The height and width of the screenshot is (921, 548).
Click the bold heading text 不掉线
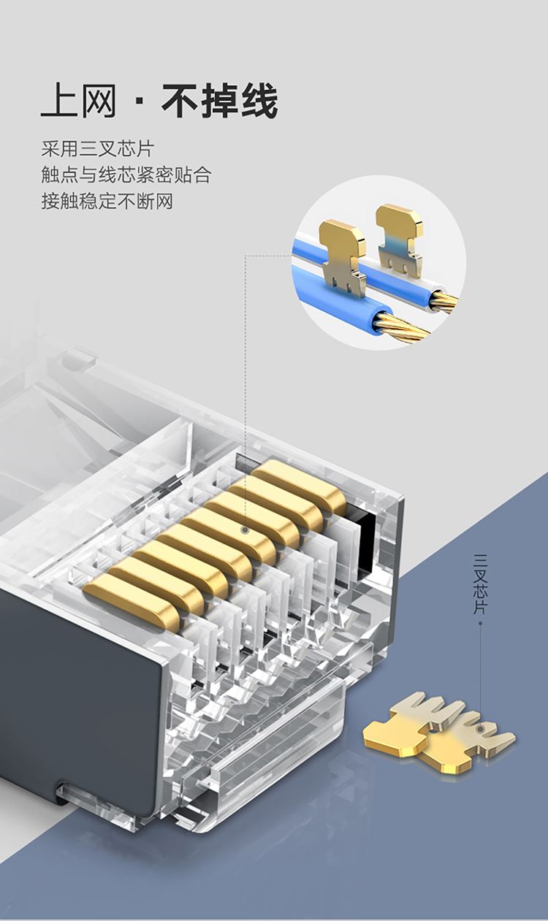click(220, 101)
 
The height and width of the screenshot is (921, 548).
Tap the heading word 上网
click(79, 101)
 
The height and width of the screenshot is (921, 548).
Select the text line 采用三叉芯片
click(98, 149)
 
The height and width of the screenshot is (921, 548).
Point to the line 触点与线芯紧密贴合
click(126, 175)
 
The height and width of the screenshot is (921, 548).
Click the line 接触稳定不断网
click(107, 201)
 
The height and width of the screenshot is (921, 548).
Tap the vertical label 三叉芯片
click(480, 584)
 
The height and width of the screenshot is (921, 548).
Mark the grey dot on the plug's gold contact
click(246, 530)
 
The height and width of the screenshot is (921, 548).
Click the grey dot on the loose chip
click(480, 729)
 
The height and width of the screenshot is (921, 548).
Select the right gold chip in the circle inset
click(399, 237)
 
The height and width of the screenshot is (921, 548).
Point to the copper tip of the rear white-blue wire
click(444, 299)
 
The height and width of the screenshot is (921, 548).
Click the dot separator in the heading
click(139, 101)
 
